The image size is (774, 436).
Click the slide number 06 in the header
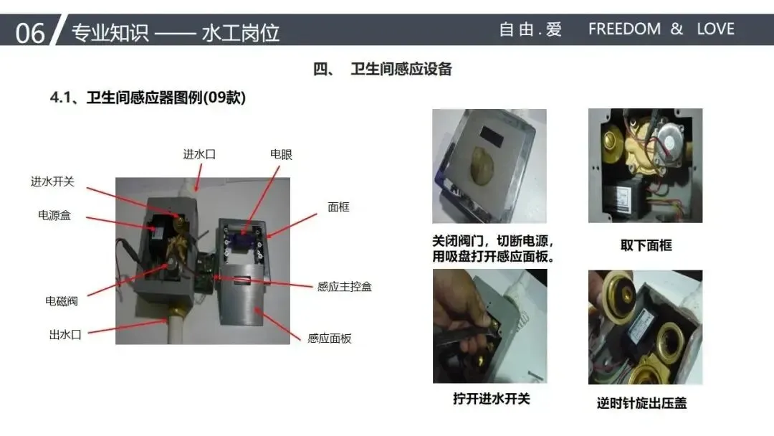tap(29, 33)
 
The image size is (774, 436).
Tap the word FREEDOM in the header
tap(624, 29)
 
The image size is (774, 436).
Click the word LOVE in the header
tap(715, 29)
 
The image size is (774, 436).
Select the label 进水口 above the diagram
tap(199, 154)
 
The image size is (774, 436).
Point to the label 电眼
tap(281, 154)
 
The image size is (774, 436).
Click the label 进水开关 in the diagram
tap(52, 181)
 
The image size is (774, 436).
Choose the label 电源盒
tap(54, 215)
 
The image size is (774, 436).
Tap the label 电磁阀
tap(62, 300)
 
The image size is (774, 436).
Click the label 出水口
tap(65, 334)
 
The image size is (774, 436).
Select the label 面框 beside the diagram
tap(338, 207)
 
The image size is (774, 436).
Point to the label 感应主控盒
tap(344, 286)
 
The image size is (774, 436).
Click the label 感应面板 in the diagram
tap(329, 338)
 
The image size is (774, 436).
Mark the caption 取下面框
tap(646, 245)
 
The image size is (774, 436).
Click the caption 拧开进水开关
tap(491, 399)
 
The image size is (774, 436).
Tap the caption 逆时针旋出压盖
tap(641, 403)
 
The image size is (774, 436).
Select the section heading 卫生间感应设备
tap(401, 69)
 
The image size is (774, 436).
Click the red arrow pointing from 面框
tap(291, 226)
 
